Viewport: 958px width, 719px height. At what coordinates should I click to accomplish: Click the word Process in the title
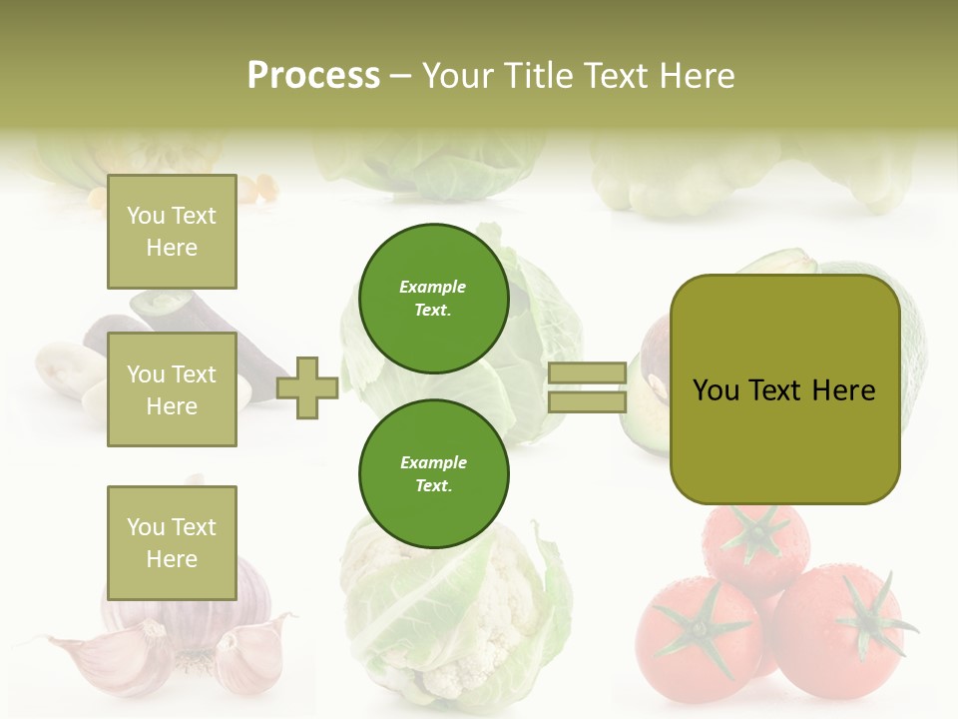click(313, 76)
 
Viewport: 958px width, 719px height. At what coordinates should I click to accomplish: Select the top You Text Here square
click(172, 232)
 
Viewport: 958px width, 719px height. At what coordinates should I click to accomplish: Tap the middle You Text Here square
click(172, 389)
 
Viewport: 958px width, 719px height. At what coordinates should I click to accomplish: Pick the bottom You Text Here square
click(172, 542)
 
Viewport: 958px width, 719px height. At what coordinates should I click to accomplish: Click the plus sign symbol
click(307, 387)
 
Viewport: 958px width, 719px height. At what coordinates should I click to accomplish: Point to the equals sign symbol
click(587, 387)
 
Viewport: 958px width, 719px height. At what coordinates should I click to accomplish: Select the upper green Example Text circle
click(433, 299)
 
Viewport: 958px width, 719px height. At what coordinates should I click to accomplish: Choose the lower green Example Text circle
click(433, 474)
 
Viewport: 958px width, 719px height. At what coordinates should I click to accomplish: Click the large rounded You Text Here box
click(784, 389)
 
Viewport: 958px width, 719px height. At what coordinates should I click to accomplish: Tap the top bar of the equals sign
click(587, 372)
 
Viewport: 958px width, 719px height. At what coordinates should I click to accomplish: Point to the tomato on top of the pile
click(758, 544)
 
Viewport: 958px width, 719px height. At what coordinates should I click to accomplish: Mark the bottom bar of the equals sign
click(587, 402)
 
